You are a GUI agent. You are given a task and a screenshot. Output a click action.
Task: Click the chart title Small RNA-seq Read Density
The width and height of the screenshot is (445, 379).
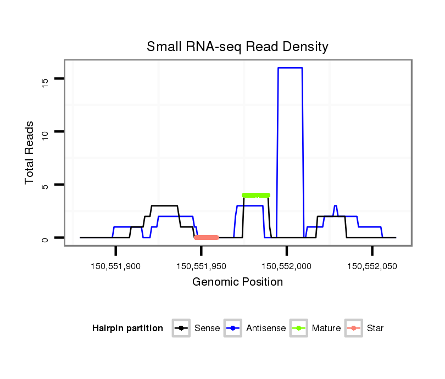tap(237, 47)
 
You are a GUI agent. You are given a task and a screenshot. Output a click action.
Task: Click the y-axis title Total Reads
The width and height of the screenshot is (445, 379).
tap(30, 153)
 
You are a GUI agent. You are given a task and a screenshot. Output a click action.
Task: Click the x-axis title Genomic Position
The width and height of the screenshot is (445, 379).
tap(237, 282)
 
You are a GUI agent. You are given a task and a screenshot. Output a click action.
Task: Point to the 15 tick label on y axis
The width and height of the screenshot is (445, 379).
tap(45, 81)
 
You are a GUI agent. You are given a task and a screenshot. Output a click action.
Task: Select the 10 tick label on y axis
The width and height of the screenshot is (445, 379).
tap(45, 132)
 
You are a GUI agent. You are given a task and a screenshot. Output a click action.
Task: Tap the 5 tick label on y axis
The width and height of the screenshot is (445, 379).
tap(45, 186)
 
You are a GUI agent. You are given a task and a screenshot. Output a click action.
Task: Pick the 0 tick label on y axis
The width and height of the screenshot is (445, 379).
tap(45, 238)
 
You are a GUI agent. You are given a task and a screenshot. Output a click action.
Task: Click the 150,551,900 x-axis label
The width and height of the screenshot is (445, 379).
tap(116, 266)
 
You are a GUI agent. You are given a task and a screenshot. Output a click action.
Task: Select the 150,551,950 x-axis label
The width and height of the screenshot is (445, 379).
tap(201, 266)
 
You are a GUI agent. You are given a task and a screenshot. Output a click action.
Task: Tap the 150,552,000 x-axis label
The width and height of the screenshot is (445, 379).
tap(286, 266)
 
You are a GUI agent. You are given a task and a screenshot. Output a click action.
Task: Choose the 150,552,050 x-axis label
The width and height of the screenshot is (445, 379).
tap(372, 266)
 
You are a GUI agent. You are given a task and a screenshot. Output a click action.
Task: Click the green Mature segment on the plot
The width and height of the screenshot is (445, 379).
tap(256, 195)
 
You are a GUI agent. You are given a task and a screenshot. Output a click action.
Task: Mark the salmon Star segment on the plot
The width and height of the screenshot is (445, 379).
tap(206, 237)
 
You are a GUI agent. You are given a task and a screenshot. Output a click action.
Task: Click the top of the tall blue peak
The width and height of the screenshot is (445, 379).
tap(290, 68)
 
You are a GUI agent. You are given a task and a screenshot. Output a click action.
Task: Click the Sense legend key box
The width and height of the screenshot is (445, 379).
tap(181, 328)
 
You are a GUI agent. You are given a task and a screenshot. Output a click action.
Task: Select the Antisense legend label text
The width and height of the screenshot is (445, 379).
tap(265, 328)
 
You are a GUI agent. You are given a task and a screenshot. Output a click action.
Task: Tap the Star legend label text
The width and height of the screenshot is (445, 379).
tap(375, 328)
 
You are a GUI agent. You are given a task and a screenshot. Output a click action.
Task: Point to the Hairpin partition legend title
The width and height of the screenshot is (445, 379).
tap(127, 328)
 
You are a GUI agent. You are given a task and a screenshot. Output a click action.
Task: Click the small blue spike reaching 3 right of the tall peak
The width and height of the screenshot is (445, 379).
tap(335, 206)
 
